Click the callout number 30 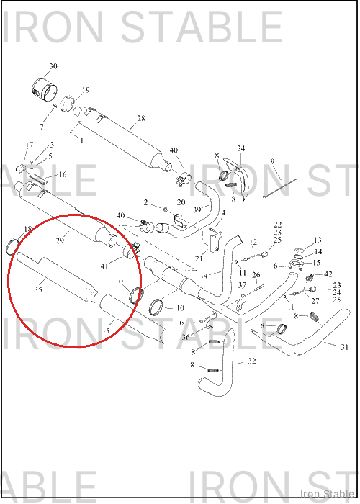53,66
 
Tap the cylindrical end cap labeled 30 45,89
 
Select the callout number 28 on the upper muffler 141,118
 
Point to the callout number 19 86,90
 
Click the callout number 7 42,127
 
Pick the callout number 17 30,145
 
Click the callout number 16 63,174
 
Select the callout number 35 38,289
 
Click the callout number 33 105,330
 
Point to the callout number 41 104,266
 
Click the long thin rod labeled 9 279,188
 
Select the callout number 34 241,148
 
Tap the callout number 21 199,258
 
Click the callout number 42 328,274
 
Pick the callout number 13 318,240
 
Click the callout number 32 252,361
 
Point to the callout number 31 345,347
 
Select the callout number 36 186,337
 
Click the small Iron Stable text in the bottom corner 328,493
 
